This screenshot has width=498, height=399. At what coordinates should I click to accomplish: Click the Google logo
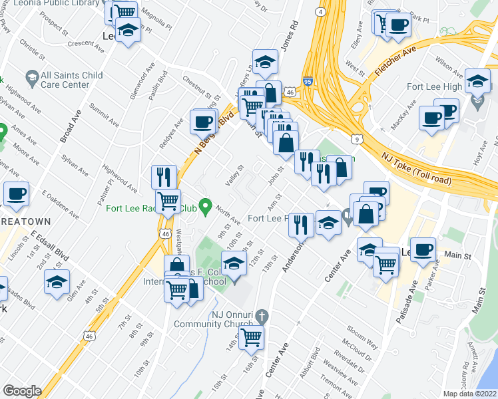pos(22,391)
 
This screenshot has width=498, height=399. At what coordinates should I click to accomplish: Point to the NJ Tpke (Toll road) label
pos(416,168)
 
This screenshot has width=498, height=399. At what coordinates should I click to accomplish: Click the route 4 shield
pos(320,12)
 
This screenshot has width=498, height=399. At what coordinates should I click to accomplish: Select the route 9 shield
pos(358,139)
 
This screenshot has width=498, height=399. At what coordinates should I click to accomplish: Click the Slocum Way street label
pos(362,338)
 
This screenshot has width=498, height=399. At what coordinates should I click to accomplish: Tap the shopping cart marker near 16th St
pos(252,337)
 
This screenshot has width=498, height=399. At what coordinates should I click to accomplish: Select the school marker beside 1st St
pos(57,281)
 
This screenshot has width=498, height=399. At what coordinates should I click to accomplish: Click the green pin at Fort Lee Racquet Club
pos(206,208)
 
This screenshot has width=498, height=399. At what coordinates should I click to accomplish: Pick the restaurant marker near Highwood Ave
pos(164,177)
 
